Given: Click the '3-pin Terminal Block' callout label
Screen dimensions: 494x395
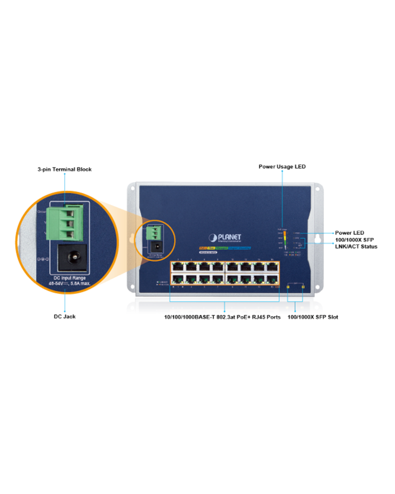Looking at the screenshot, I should (x=64, y=169).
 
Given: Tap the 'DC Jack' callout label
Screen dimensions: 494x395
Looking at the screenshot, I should (x=65, y=317).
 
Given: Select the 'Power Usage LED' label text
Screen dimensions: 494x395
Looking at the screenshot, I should (x=282, y=166).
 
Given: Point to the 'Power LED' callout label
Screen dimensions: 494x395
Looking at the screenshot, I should (x=350, y=233).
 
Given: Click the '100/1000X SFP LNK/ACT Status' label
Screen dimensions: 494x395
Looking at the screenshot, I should (x=355, y=243).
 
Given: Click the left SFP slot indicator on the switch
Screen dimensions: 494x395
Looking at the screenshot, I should (x=288, y=286).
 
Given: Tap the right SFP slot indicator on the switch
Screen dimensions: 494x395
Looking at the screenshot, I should (x=303, y=286).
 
